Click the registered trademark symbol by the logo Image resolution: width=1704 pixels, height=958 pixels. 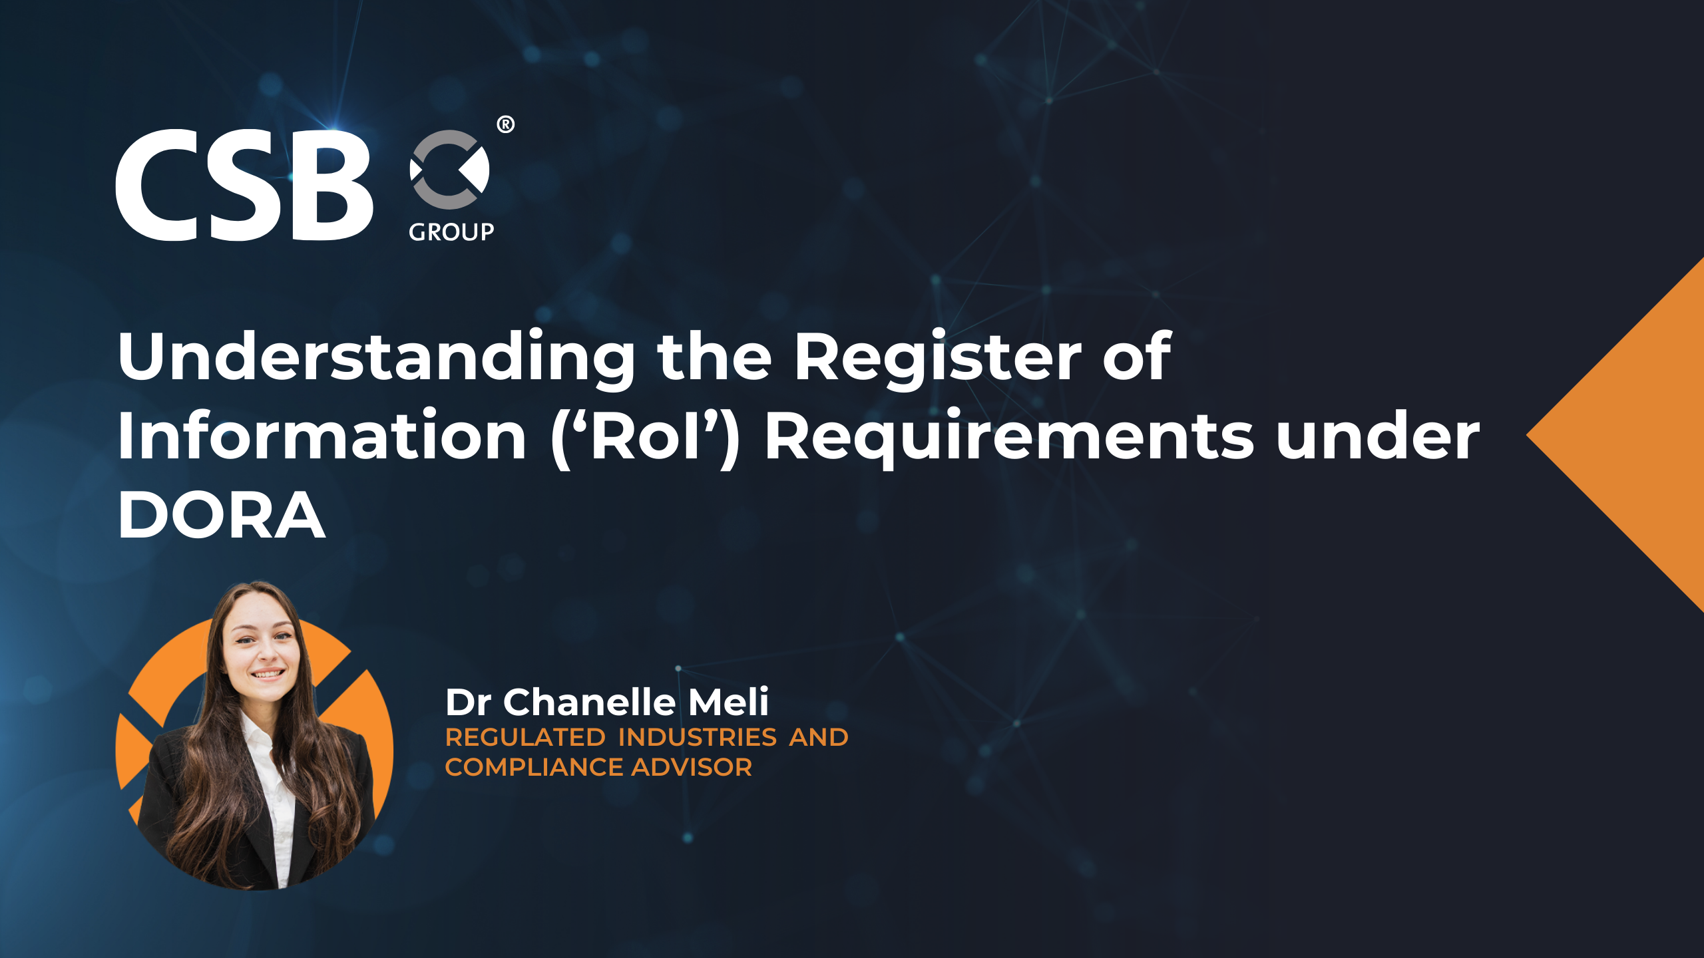pyautogui.click(x=505, y=124)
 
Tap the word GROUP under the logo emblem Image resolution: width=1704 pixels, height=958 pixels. pyautogui.click(x=451, y=232)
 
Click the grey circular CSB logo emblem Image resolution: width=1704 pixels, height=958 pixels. pyautogui.click(x=450, y=170)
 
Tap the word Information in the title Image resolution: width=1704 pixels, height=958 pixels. pyautogui.click(x=322, y=436)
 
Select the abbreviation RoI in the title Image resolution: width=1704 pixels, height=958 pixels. pyautogui.click(x=645, y=436)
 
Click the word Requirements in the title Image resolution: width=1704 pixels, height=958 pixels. pyautogui.click(x=1009, y=436)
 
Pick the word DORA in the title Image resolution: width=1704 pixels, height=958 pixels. pyautogui.click(x=222, y=516)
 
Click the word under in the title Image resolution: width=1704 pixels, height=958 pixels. pyautogui.click(x=1378, y=438)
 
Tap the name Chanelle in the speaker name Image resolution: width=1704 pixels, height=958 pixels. pyautogui.click(x=590, y=702)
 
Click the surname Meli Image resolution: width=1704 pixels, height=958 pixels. pyautogui.click(x=728, y=702)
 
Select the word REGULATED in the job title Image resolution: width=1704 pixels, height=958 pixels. pyautogui.click(x=525, y=737)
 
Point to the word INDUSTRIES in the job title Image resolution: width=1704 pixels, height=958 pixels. pyautogui.click(x=697, y=737)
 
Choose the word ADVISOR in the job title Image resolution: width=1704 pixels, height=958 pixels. pyautogui.click(x=692, y=767)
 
